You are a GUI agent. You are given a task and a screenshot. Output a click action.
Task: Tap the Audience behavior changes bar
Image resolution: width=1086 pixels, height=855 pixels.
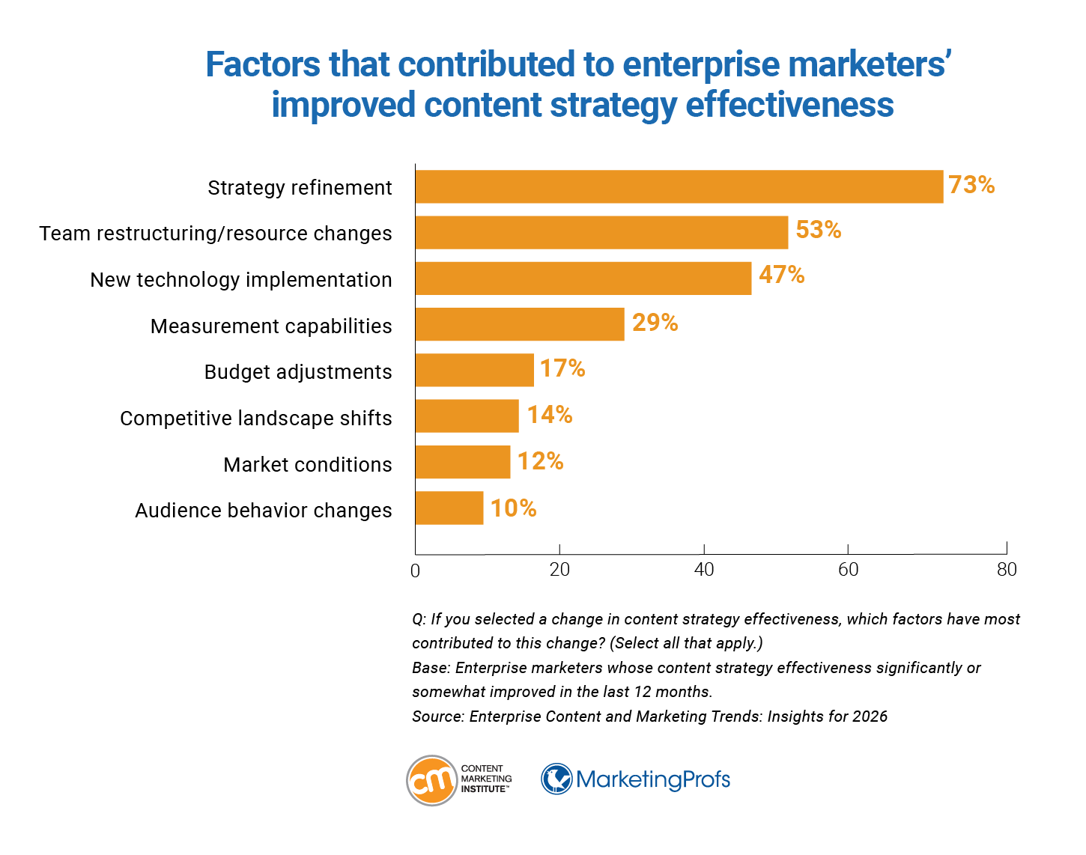coord(449,508)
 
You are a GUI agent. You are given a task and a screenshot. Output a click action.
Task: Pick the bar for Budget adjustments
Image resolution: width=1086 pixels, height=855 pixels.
coord(474,370)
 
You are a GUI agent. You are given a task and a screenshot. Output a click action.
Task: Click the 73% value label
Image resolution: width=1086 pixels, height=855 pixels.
coord(971,185)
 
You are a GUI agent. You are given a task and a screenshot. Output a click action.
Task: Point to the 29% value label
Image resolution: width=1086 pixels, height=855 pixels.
coord(655,323)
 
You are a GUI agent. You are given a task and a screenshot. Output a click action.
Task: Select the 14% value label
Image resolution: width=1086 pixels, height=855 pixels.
coord(549,415)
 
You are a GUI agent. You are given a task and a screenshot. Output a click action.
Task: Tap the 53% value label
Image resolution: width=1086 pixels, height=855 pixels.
coord(818,230)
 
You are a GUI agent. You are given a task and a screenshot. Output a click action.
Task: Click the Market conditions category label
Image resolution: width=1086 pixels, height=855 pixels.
coord(307,465)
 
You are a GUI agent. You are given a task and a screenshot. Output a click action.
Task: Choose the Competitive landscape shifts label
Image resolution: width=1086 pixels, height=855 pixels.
coord(255,419)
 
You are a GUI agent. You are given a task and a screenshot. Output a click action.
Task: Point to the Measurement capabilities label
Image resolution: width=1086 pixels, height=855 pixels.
coord(271,326)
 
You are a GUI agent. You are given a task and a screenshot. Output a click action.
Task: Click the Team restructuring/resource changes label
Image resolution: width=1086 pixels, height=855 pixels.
coord(216,234)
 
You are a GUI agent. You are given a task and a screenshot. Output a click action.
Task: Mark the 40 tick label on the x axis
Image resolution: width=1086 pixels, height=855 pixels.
coord(704,570)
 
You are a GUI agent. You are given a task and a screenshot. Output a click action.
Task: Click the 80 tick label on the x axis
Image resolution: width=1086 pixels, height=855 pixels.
coord(1007,570)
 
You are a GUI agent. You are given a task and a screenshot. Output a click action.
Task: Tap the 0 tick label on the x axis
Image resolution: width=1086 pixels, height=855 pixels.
coord(416,571)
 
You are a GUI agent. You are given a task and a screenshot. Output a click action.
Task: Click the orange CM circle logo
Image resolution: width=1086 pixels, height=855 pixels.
coord(431,780)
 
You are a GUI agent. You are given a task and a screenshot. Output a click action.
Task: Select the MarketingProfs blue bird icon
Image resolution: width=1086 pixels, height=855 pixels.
coord(556,779)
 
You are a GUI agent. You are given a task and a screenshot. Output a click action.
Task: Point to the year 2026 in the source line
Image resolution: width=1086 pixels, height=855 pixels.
coord(870,716)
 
